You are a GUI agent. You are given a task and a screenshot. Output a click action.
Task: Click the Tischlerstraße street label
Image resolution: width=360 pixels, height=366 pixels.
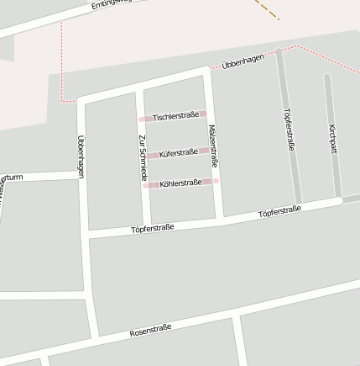point(175,115)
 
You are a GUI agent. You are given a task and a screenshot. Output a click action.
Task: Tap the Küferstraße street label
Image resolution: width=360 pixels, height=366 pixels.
point(178,153)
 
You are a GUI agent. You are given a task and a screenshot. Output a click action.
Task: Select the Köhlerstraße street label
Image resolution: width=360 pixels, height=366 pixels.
point(180,183)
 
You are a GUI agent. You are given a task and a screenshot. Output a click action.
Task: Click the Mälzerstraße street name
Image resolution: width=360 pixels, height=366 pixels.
point(212,146)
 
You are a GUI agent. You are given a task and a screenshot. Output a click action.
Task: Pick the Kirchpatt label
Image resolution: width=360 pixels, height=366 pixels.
point(333,138)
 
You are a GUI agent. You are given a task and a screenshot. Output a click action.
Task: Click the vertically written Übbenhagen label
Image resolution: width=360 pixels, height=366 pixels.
point(81,156)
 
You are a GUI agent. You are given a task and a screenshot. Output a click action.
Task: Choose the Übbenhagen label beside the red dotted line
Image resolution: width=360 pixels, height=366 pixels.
point(243,61)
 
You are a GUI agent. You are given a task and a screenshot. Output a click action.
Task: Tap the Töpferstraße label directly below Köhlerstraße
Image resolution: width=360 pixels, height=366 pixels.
point(152,228)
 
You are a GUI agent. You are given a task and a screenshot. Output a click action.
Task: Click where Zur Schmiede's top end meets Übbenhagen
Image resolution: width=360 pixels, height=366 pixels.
point(139,88)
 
